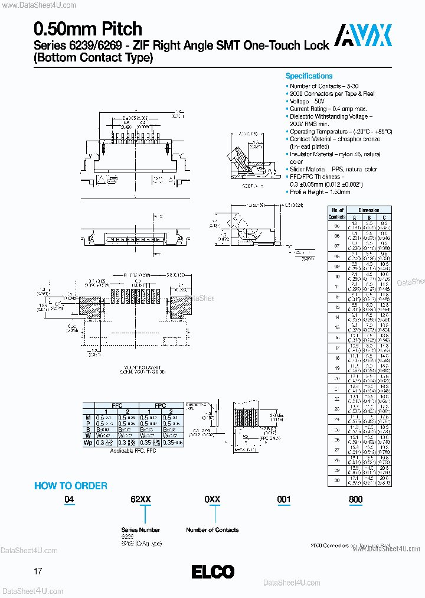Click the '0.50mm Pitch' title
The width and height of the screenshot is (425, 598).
click(x=88, y=29)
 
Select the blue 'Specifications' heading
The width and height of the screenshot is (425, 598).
click(x=309, y=76)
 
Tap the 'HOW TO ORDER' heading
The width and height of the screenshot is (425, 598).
click(x=71, y=486)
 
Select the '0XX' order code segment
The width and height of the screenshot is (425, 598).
click(x=212, y=499)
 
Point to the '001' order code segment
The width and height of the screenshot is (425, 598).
click(x=284, y=499)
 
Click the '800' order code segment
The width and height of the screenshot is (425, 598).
click(x=355, y=499)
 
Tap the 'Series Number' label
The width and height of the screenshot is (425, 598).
click(x=140, y=529)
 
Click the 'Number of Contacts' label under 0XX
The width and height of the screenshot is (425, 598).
click(x=212, y=529)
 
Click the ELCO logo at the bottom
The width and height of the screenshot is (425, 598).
click(x=212, y=572)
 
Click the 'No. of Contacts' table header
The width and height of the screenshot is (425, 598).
click(x=336, y=213)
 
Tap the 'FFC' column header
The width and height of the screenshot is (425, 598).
click(x=116, y=406)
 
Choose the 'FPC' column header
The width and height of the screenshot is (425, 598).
click(x=159, y=406)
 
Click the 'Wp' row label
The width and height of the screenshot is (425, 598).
click(x=88, y=442)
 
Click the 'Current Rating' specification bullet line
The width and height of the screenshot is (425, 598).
click(x=328, y=109)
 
